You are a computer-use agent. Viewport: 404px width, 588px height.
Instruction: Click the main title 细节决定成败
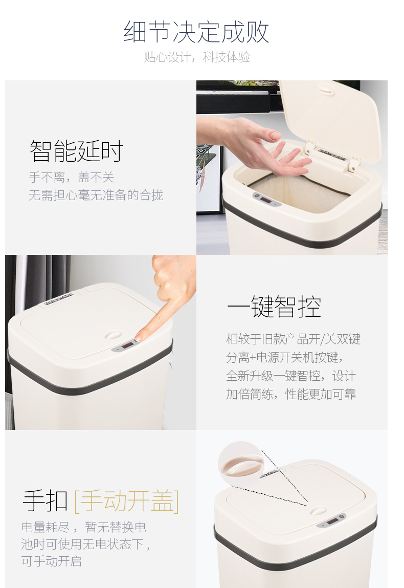pos(196,32)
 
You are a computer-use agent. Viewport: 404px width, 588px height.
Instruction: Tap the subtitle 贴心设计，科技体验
pos(197,57)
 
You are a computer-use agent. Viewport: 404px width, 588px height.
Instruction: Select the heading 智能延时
pos(76,151)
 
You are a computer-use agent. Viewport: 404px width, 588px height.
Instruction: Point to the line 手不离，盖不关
pos(71,177)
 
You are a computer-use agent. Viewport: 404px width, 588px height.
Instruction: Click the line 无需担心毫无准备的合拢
pos(96,195)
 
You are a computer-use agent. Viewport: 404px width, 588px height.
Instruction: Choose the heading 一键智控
pos(274,307)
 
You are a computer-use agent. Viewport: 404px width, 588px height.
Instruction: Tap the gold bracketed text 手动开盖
pos(127,500)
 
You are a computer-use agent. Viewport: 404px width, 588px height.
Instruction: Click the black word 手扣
pos(46,500)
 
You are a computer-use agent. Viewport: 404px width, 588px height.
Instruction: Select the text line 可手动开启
pos(51,561)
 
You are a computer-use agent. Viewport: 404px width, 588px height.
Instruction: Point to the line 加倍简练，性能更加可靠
pos(291,394)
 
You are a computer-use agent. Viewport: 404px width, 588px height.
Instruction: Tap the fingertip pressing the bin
pos(140,338)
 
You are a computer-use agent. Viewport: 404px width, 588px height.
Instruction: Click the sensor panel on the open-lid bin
pos(267,200)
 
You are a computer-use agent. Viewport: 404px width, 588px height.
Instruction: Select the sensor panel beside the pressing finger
pos(127,345)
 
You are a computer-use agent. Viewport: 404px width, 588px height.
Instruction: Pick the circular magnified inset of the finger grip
pos(241,464)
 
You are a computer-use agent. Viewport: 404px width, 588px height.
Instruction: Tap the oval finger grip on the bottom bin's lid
pos(318,510)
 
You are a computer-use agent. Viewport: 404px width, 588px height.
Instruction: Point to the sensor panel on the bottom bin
pos(331,520)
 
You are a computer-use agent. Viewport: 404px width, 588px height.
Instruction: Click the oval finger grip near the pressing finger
pos(113,335)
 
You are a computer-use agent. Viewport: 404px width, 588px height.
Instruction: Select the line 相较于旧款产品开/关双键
pos(293,339)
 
